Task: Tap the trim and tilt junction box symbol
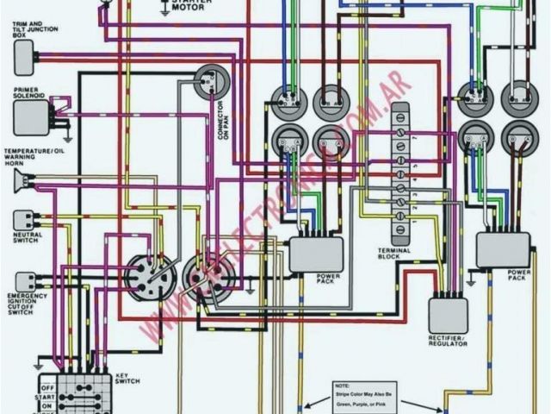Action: pyautogui.click(x=24, y=56)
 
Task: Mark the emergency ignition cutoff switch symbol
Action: pyautogui.click(x=26, y=281)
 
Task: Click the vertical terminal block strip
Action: pyautogui.click(x=400, y=172)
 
